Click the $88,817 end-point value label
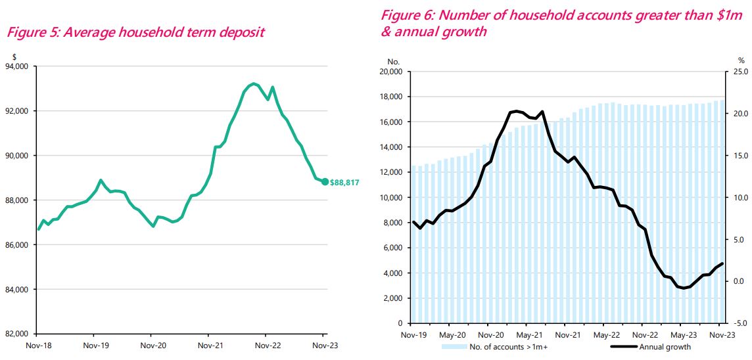pos(344,182)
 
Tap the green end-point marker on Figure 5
pos(325,182)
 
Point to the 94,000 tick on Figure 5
pos(17,66)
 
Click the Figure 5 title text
pos(135,32)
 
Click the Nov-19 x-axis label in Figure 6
pos(410,334)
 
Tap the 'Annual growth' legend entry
pos(665,347)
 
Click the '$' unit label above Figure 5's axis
pos(14,56)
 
